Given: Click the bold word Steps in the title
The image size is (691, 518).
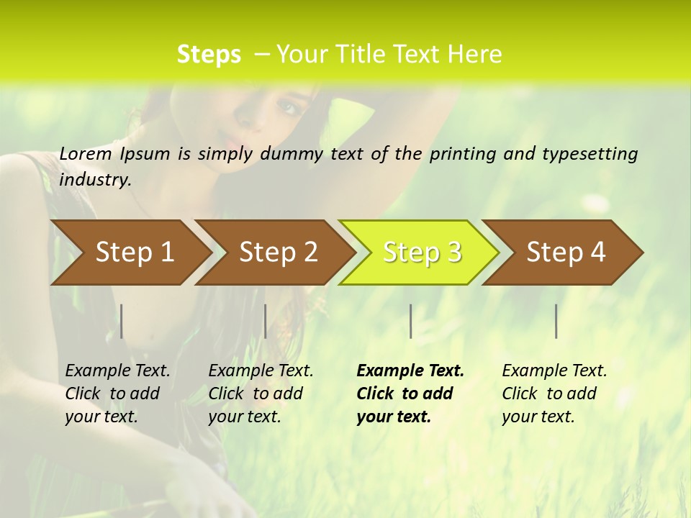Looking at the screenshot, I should pyautogui.click(x=209, y=54).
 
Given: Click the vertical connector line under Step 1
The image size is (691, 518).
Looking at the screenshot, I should pyautogui.click(x=122, y=321).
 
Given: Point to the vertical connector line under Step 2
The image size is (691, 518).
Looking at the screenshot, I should pyautogui.click(x=266, y=321).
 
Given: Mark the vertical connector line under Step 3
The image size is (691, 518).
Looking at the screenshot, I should pyautogui.click(x=410, y=321).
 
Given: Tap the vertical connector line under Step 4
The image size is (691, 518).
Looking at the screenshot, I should pyautogui.click(x=556, y=321).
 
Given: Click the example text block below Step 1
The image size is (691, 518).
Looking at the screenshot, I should pyautogui.click(x=117, y=394).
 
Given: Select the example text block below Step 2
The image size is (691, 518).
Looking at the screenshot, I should pyautogui.click(x=261, y=394).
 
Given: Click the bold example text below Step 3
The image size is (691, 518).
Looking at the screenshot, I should pyautogui.click(x=410, y=394).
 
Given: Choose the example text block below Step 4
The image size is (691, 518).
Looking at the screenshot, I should pyautogui.click(x=554, y=394).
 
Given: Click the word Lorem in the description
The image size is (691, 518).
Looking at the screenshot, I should pyautogui.click(x=86, y=153).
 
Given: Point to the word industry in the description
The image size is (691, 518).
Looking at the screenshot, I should pyautogui.click(x=95, y=180).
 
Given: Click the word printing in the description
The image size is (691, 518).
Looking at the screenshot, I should pyautogui.click(x=462, y=154).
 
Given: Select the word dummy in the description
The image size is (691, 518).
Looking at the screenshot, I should pyautogui.click(x=292, y=154).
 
